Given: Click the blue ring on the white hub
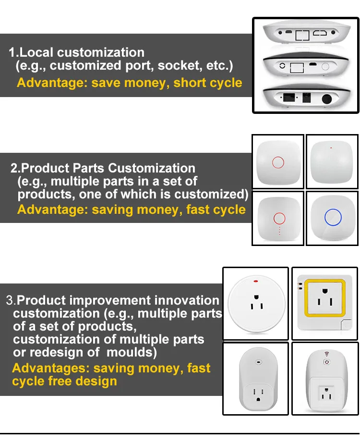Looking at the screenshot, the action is (x=332, y=218).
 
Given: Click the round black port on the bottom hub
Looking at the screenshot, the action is (x=328, y=100).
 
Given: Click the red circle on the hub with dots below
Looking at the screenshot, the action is (x=278, y=219).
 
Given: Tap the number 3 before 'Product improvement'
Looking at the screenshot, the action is (x=10, y=301).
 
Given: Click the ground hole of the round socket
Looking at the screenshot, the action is (x=256, y=296).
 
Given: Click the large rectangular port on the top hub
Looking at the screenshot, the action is (x=302, y=34).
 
